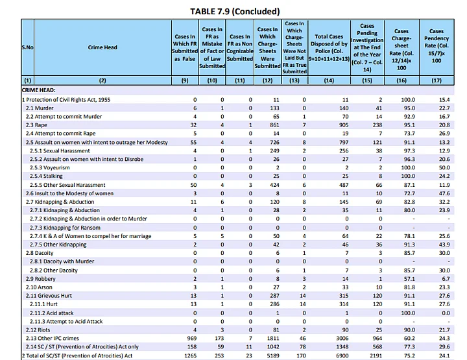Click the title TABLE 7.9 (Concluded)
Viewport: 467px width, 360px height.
tap(234, 11)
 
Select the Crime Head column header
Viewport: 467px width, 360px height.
tap(102, 47)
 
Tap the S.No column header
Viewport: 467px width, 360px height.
tap(10, 47)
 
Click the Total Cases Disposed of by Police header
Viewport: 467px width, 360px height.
tap(329, 47)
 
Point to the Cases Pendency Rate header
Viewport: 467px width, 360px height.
tap(437, 47)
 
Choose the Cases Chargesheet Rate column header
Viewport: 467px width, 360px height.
tap(401, 47)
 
